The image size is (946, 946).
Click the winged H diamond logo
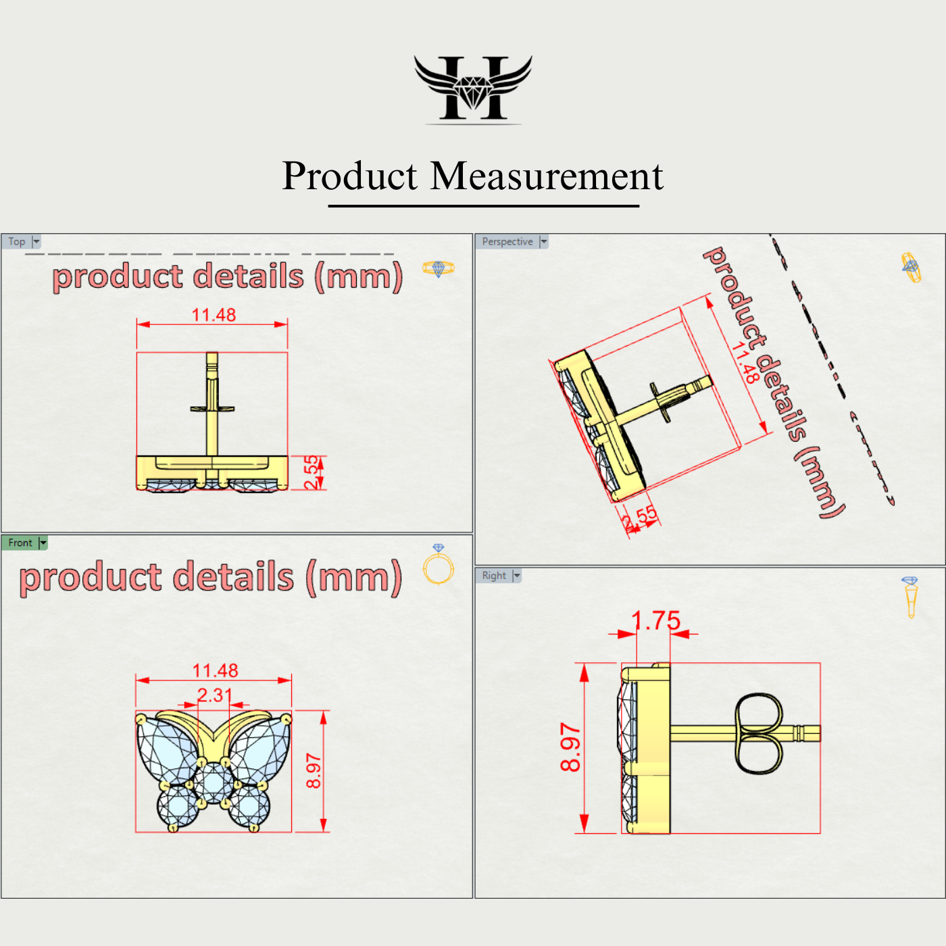click(x=473, y=89)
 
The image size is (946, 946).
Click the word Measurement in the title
click(x=547, y=176)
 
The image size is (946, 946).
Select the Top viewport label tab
click(x=17, y=242)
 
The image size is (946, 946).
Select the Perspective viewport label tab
click(x=507, y=242)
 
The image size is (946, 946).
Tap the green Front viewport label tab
click(x=20, y=543)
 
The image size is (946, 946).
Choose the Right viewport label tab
click(x=494, y=576)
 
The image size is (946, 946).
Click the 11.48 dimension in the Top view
click(x=214, y=315)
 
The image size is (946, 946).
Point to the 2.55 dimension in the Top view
click(x=311, y=472)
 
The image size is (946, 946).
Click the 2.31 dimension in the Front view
click(x=214, y=695)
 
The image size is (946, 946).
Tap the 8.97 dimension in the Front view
click(x=314, y=771)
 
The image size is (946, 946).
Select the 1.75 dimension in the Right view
click(x=655, y=620)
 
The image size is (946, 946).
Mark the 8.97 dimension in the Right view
click(x=570, y=747)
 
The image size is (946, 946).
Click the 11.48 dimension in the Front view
click(x=215, y=670)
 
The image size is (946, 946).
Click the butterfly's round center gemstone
click(x=214, y=782)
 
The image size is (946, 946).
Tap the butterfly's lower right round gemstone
click(x=249, y=806)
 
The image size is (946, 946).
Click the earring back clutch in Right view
click(x=758, y=733)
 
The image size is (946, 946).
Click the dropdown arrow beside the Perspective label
click(x=544, y=242)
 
